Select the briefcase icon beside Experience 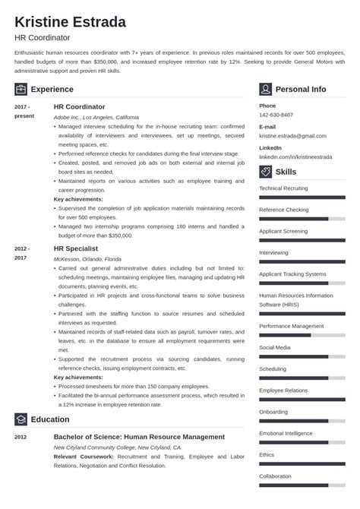(x=21, y=89)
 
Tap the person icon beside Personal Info (x=265, y=89)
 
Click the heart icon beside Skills (x=265, y=172)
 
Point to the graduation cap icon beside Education (x=21, y=419)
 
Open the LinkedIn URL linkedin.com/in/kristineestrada (x=298, y=156)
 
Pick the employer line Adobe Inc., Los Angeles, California (x=96, y=117)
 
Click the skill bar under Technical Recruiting (x=302, y=196)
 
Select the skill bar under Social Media (x=302, y=356)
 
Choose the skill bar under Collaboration (x=302, y=483)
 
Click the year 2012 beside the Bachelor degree (x=21, y=438)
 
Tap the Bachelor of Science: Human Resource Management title (x=139, y=437)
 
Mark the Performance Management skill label (x=291, y=326)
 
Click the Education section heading (x=50, y=419)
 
